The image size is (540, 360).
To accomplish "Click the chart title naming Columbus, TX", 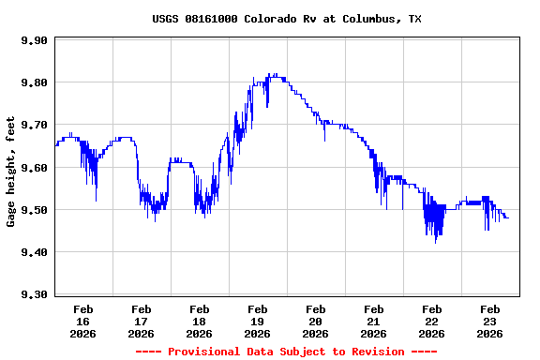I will pos(287,19).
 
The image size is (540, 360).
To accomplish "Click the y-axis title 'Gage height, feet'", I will pos(11,171).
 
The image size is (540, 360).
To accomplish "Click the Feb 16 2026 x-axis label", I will pos(82,321).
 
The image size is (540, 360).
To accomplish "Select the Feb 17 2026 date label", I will pos(141,321).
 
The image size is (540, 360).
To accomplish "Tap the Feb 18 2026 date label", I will pos(199,321).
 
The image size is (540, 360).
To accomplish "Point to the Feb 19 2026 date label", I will pos(257,321).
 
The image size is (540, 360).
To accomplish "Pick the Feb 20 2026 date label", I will pos(315,321).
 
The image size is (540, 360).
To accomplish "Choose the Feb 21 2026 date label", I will pos(373,321).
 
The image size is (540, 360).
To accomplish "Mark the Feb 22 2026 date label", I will pos(431,321).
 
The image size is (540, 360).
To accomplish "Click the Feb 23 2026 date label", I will pos(489,321).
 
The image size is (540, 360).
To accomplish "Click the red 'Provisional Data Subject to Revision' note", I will pos(286,352).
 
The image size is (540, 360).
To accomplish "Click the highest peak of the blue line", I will pos(273,74).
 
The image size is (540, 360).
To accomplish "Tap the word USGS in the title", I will pos(166,19).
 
